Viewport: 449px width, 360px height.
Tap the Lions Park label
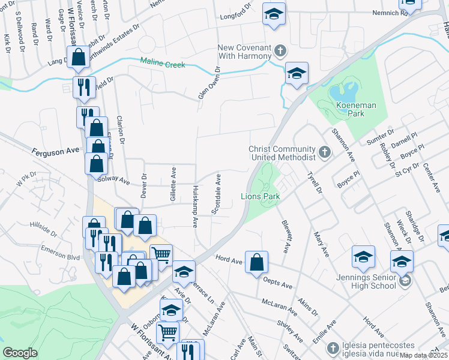(x=261, y=196)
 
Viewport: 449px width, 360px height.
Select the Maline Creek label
(x=163, y=62)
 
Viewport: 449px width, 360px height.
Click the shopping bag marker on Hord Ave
(x=256, y=262)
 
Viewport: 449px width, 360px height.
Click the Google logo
(x=20, y=353)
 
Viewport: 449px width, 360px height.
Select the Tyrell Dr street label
(x=315, y=181)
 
